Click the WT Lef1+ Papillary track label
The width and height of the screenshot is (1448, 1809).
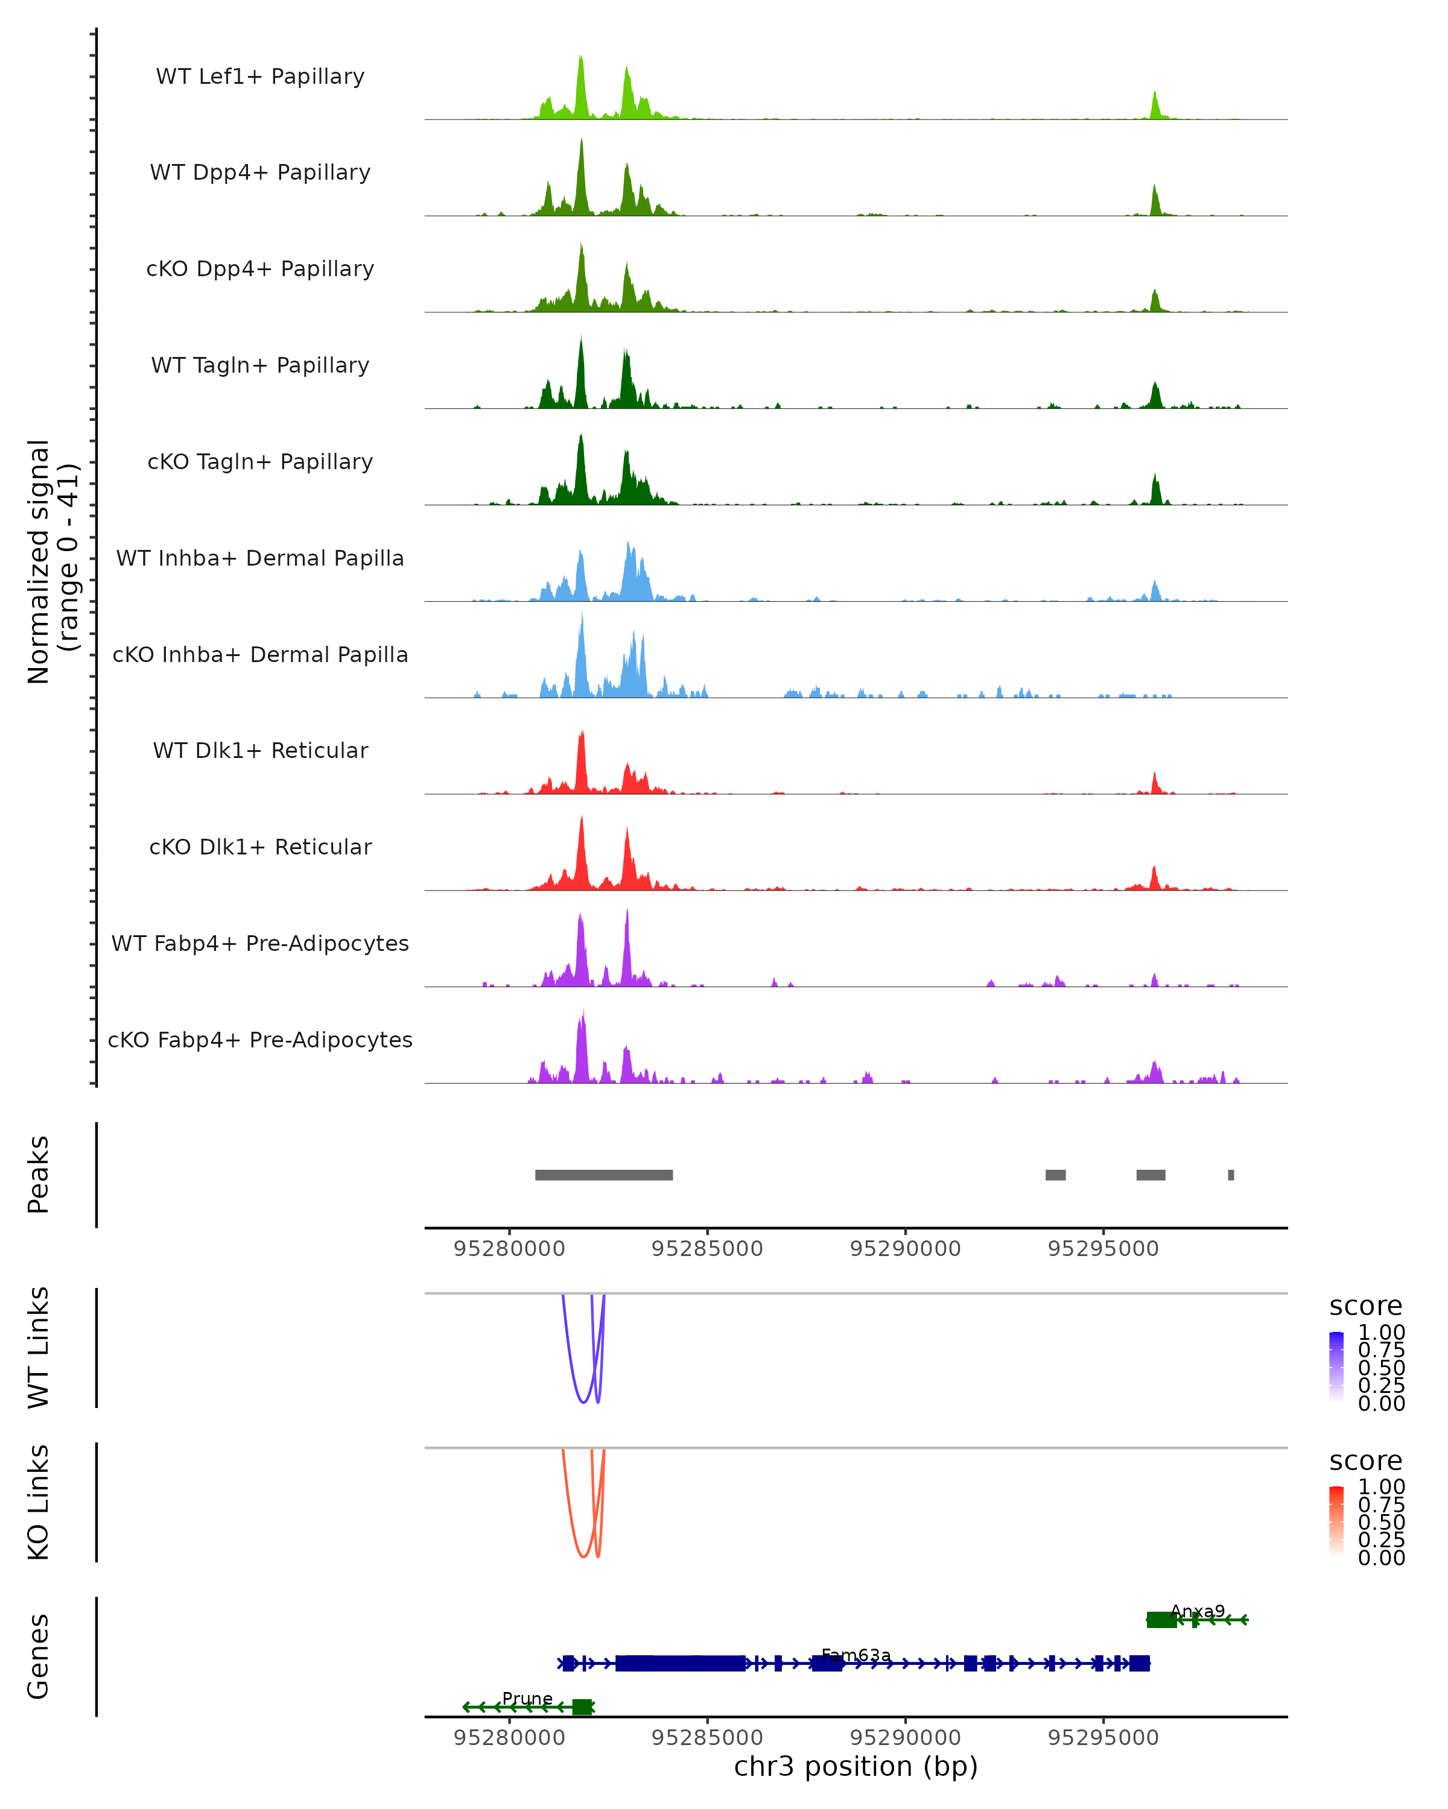260,77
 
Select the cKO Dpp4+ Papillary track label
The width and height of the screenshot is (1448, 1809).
260,268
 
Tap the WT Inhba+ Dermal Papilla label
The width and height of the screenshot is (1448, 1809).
260,558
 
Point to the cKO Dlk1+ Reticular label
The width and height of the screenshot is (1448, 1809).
260,847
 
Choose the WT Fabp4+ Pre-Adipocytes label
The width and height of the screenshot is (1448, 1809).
260,943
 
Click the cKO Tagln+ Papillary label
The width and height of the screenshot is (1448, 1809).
260,461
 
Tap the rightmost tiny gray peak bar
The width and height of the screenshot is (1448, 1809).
1231,1175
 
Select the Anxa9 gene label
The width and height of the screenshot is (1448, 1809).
1197,1611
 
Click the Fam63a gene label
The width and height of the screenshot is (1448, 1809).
856,1655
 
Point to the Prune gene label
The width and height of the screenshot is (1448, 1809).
527,1698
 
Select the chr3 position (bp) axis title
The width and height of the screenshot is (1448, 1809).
856,1766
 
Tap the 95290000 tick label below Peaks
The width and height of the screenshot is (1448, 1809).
905,1249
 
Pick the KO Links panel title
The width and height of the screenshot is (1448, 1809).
39,1502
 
